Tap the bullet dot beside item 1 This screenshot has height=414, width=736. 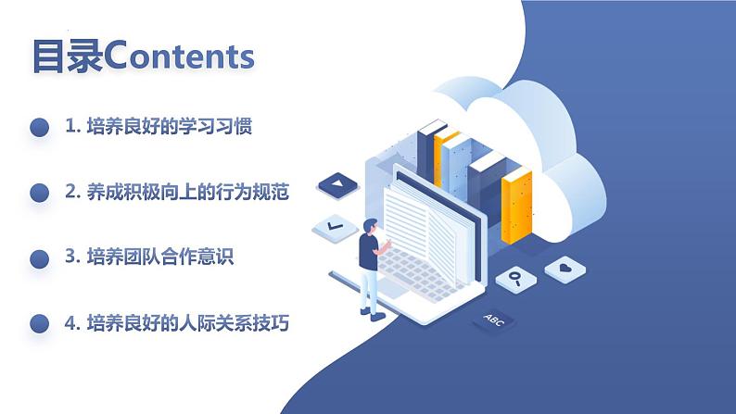coord(39,128)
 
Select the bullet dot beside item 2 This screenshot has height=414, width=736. coord(39,193)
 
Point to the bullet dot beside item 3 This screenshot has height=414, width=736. coord(39,258)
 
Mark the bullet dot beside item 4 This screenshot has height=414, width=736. coord(39,323)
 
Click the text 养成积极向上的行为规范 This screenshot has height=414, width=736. coord(188,193)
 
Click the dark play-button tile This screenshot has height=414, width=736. coord(336,186)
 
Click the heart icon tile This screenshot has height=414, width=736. coord(564,269)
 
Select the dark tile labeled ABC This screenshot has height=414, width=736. coord(490,320)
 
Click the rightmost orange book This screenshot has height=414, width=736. coord(516,204)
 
